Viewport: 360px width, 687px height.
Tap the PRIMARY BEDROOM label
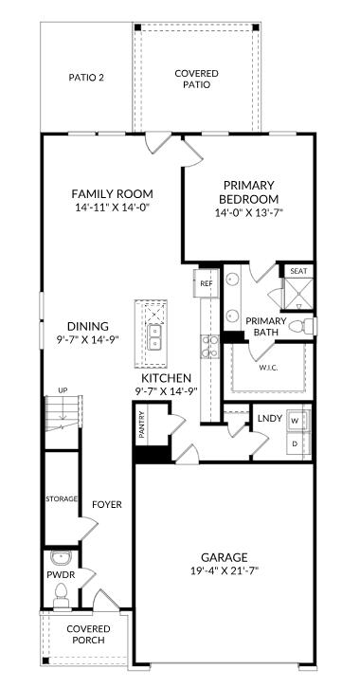(x=249, y=192)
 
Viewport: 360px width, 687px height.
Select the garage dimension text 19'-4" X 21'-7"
(x=224, y=570)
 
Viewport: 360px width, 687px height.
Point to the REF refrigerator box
(x=206, y=282)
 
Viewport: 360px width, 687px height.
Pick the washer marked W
(x=296, y=419)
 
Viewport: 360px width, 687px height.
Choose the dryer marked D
(x=296, y=443)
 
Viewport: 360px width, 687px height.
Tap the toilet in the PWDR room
(x=62, y=594)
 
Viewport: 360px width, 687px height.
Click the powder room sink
(x=60, y=558)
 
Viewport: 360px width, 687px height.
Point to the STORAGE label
(x=62, y=498)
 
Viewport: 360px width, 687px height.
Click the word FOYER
(x=106, y=505)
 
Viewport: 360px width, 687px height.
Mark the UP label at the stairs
(x=63, y=390)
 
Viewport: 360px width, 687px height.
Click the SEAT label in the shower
(x=298, y=271)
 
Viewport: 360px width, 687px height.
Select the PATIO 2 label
(x=86, y=77)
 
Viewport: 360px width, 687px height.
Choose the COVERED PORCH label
(x=88, y=634)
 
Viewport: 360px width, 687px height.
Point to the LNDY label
(x=269, y=417)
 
